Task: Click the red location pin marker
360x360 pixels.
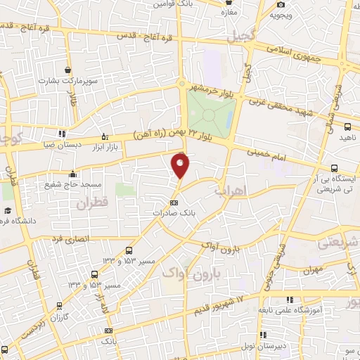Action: click(x=181, y=166)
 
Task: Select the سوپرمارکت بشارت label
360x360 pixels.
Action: click(x=67, y=82)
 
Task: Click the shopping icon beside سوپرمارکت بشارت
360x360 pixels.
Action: click(x=67, y=70)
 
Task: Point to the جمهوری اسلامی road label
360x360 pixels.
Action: click(x=307, y=56)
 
